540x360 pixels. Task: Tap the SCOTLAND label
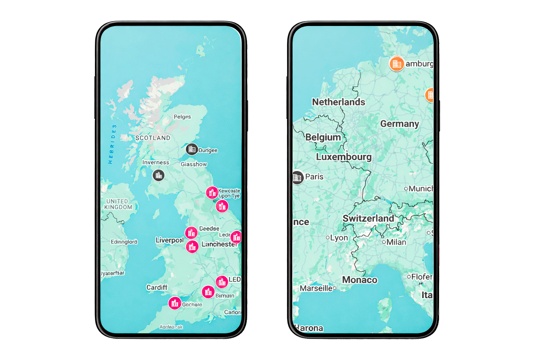pyautogui.click(x=153, y=138)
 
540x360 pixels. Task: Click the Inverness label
pyautogui.click(x=155, y=162)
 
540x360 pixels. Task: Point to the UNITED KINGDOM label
pyautogui.click(x=118, y=204)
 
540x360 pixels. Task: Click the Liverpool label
pyautogui.click(x=169, y=240)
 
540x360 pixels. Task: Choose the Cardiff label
pyautogui.click(x=157, y=288)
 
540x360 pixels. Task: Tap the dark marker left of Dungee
pyautogui.click(x=192, y=149)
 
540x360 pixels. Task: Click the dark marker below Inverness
pyautogui.click(x=159, y=175)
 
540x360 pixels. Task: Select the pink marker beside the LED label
pyautogui.click(x=222, y=282)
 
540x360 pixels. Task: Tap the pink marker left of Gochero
pyautogui.click(x=175, y=303)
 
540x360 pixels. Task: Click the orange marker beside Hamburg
pyautogui.click(x=397, y=64)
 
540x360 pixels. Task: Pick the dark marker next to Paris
pyautogui.click(x=297, y=178)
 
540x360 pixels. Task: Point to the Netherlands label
pyautogui.click(x=339, y=102)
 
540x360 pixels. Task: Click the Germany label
pyautogui.click(x=400, y=124)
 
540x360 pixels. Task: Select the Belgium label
pyautogui.click(x=323, y=137)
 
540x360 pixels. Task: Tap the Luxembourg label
pyautogui.click(x=343, y=157)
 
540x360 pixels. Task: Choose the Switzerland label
pyautogui.click(x=368, y=218)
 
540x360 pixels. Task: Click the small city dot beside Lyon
pyautogui.click(x=328, y=238)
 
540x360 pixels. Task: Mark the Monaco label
pyautogui.click(x=360, y=280)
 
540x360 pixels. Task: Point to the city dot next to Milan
pyautogui.click(x=384, y=242)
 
